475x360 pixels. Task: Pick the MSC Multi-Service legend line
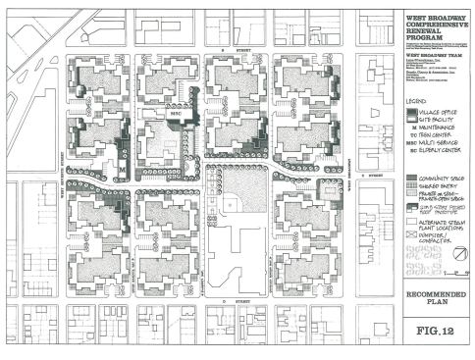point(438,144)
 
